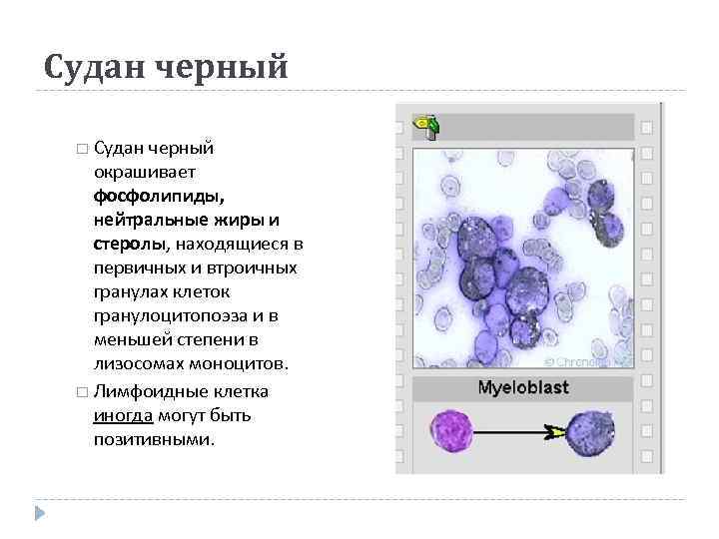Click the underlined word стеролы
(124, 244)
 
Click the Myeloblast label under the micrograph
(524, 387)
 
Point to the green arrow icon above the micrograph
(428, 126)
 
